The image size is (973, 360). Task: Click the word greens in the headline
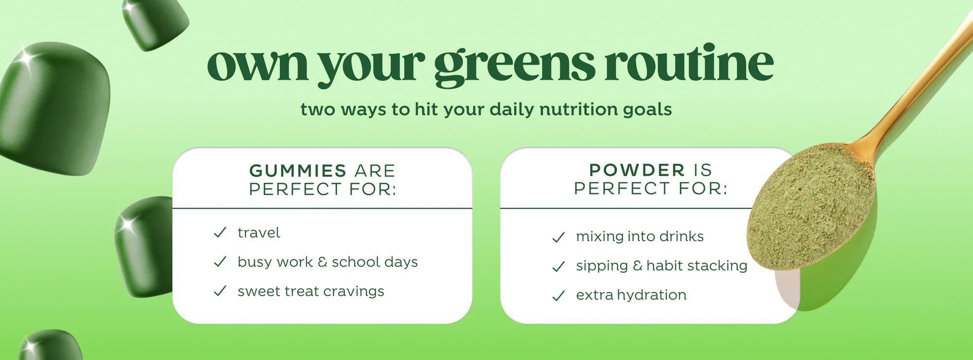pos(514,68)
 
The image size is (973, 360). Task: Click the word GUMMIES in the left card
pos(298,171)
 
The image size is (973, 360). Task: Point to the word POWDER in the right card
pos(637,170)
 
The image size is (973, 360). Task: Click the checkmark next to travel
pos(220,233)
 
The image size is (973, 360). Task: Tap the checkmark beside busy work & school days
pos(220,262)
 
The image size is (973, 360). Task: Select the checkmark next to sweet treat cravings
pos(220,291)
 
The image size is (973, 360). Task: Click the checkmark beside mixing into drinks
pos(559,237)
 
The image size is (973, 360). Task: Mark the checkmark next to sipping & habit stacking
pos(559,267)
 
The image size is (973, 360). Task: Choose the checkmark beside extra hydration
pos(559,296)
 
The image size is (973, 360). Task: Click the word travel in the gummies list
pos(259,233)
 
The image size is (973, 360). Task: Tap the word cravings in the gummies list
pos(354,292)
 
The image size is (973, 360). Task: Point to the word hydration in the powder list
pos(652,295)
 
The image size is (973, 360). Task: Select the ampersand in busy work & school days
pos(322,262)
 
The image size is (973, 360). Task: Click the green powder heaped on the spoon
pos(810,204)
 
